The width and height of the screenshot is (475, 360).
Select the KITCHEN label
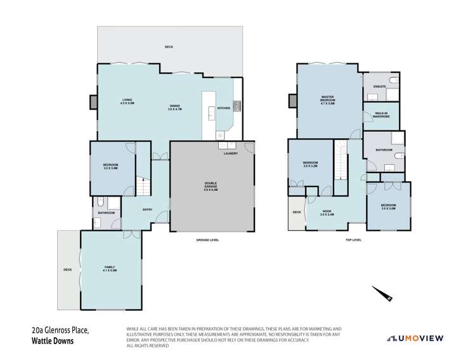pyautogui.click(x=224, y=108)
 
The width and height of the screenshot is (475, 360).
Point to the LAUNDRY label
pyautogui.click(x=230, y=153)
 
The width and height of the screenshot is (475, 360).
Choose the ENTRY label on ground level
pyautogui.click(x=147, y=210)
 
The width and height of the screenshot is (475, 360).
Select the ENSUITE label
pyautogui.click(x=380, y=86)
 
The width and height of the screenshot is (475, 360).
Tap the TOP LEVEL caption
pyautogui.click(x=353, y=240)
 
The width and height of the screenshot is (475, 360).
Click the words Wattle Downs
pyautogui.click(x=53, y=341)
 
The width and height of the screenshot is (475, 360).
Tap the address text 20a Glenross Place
pyautogui.click(x=62, y=330)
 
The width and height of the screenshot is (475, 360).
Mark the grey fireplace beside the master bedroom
pyautogui.click(x=292, y=100)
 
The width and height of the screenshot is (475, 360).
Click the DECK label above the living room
pyautogui.click(x=169, y=47)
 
